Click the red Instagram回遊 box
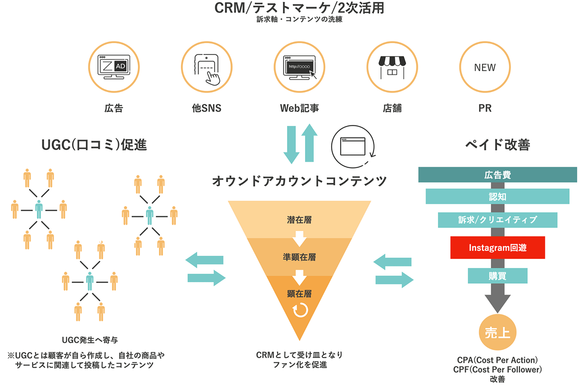pyautogui.click(x=497, y=248)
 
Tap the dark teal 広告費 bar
pyautogui.click(x=497, y=175)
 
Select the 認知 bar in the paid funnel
pyautogui.click(x=497, y=196)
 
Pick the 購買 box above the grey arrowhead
pyautogui.click(x=497, y=276)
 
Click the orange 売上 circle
pyautogui.click(x=497, y=334)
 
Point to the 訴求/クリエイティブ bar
pyautogui.click(x=497, y=220)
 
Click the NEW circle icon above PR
pyautogui.click(x=485, y=67)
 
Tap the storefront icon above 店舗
pyautogui.click(x=392, y=67)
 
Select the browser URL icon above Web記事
pyautogui.click(x=299, y=67)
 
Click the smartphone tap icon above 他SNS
pyautogui.click(x=207, y=67)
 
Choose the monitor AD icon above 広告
pyautogui.click(x=114, y=67)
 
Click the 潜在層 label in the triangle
pyautogui.click(x=299, y=220)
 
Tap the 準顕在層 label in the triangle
pyautogui.click(x=299, y=258)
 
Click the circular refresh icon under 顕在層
pyautogui.click(x=299, y=311)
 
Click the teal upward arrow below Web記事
pyautogui.click(x=310, y=142)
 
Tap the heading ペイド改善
pyautogui.click(x=497, y=145)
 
